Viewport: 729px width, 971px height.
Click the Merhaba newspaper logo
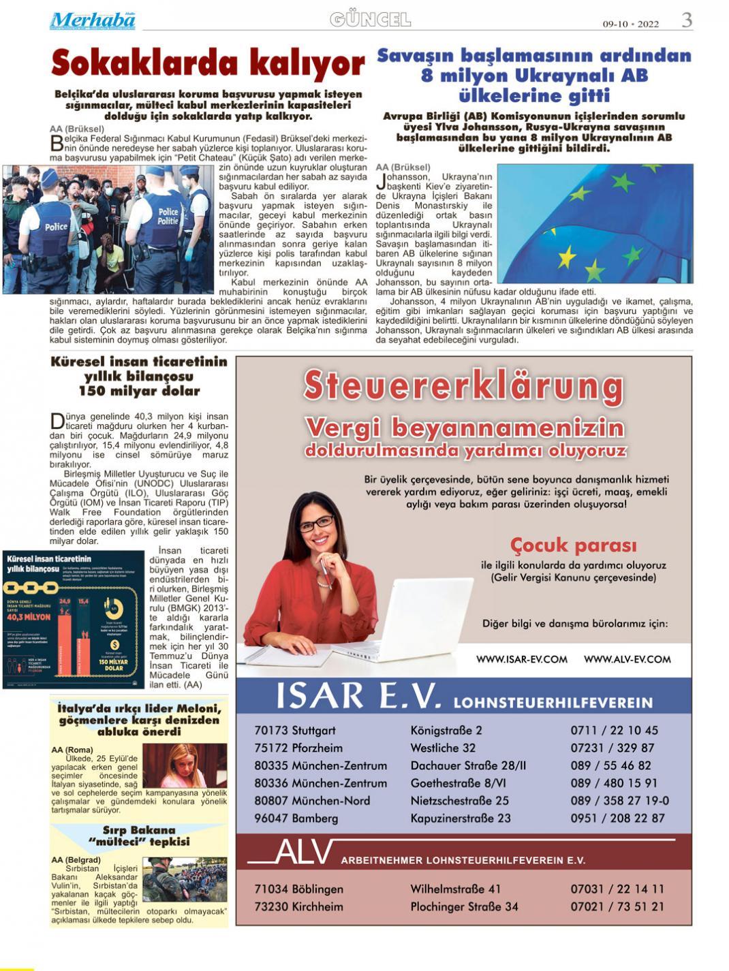coord(92,20)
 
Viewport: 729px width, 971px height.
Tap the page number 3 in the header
coord(687,20)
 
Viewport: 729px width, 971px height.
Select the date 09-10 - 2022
coord(630,24)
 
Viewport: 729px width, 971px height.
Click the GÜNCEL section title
coord(370,20)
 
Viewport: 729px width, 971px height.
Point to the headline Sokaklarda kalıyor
coord(208,63)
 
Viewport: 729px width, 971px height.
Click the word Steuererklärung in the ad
coord(463,385)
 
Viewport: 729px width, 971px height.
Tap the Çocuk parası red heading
coord(573,545)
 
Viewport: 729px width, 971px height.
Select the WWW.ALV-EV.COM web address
coord(627,659)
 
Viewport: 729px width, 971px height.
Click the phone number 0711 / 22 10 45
coord(614,731)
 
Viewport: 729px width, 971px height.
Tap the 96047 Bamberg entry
coord(296,818)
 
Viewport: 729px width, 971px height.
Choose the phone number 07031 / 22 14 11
coord(617,889)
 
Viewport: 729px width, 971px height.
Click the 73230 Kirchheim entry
coord(298,907)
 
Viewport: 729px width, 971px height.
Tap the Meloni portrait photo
coord(185,765)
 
